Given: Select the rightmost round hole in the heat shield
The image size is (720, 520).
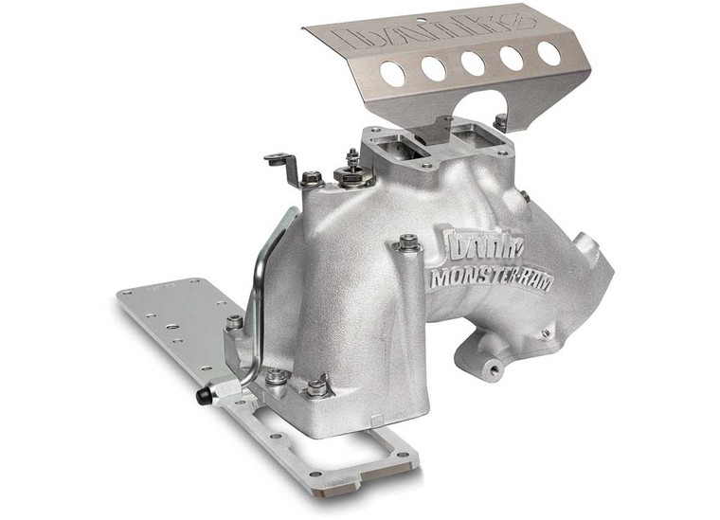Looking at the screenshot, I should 549,53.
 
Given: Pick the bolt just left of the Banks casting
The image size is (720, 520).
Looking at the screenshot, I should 408,243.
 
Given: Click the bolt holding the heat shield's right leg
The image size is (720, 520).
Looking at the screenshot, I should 500,121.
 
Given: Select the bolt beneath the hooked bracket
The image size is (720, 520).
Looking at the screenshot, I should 311,178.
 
